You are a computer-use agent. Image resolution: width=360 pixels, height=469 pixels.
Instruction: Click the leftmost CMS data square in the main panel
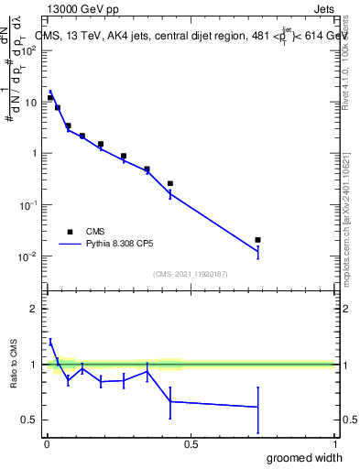(x=50, y=97)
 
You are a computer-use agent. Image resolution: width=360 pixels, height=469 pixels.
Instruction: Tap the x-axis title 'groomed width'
(x=305, y=457)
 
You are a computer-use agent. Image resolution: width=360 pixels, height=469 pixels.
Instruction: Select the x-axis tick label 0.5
(x=191, y=445)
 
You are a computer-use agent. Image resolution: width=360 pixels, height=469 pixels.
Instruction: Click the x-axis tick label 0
(x=47, y=445)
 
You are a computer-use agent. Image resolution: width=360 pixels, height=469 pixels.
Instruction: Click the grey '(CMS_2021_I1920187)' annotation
(x=190, y=274)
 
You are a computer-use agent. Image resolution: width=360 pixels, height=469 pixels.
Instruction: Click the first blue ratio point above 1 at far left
(x=50, y=342)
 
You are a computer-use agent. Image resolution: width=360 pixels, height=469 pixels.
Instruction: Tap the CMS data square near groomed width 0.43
(x=170, y=183)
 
